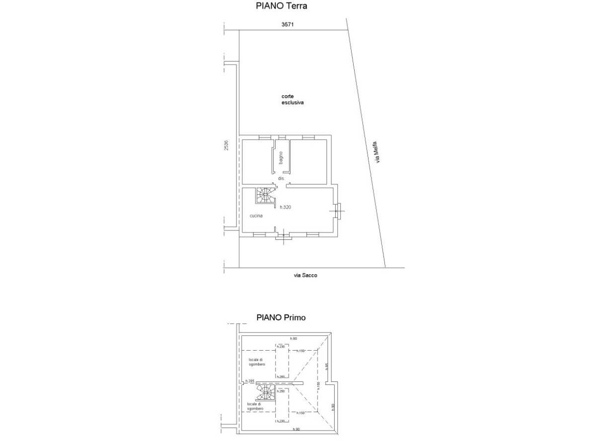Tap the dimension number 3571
coord(288,24)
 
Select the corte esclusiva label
coord(292,100)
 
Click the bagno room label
coord(281,158)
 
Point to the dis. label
coord(281,178)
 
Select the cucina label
coord(256,216)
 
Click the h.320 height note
coord(285,207)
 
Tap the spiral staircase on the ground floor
coord(265,195)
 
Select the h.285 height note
coord(249,381)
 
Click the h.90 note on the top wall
coord(294,339)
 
